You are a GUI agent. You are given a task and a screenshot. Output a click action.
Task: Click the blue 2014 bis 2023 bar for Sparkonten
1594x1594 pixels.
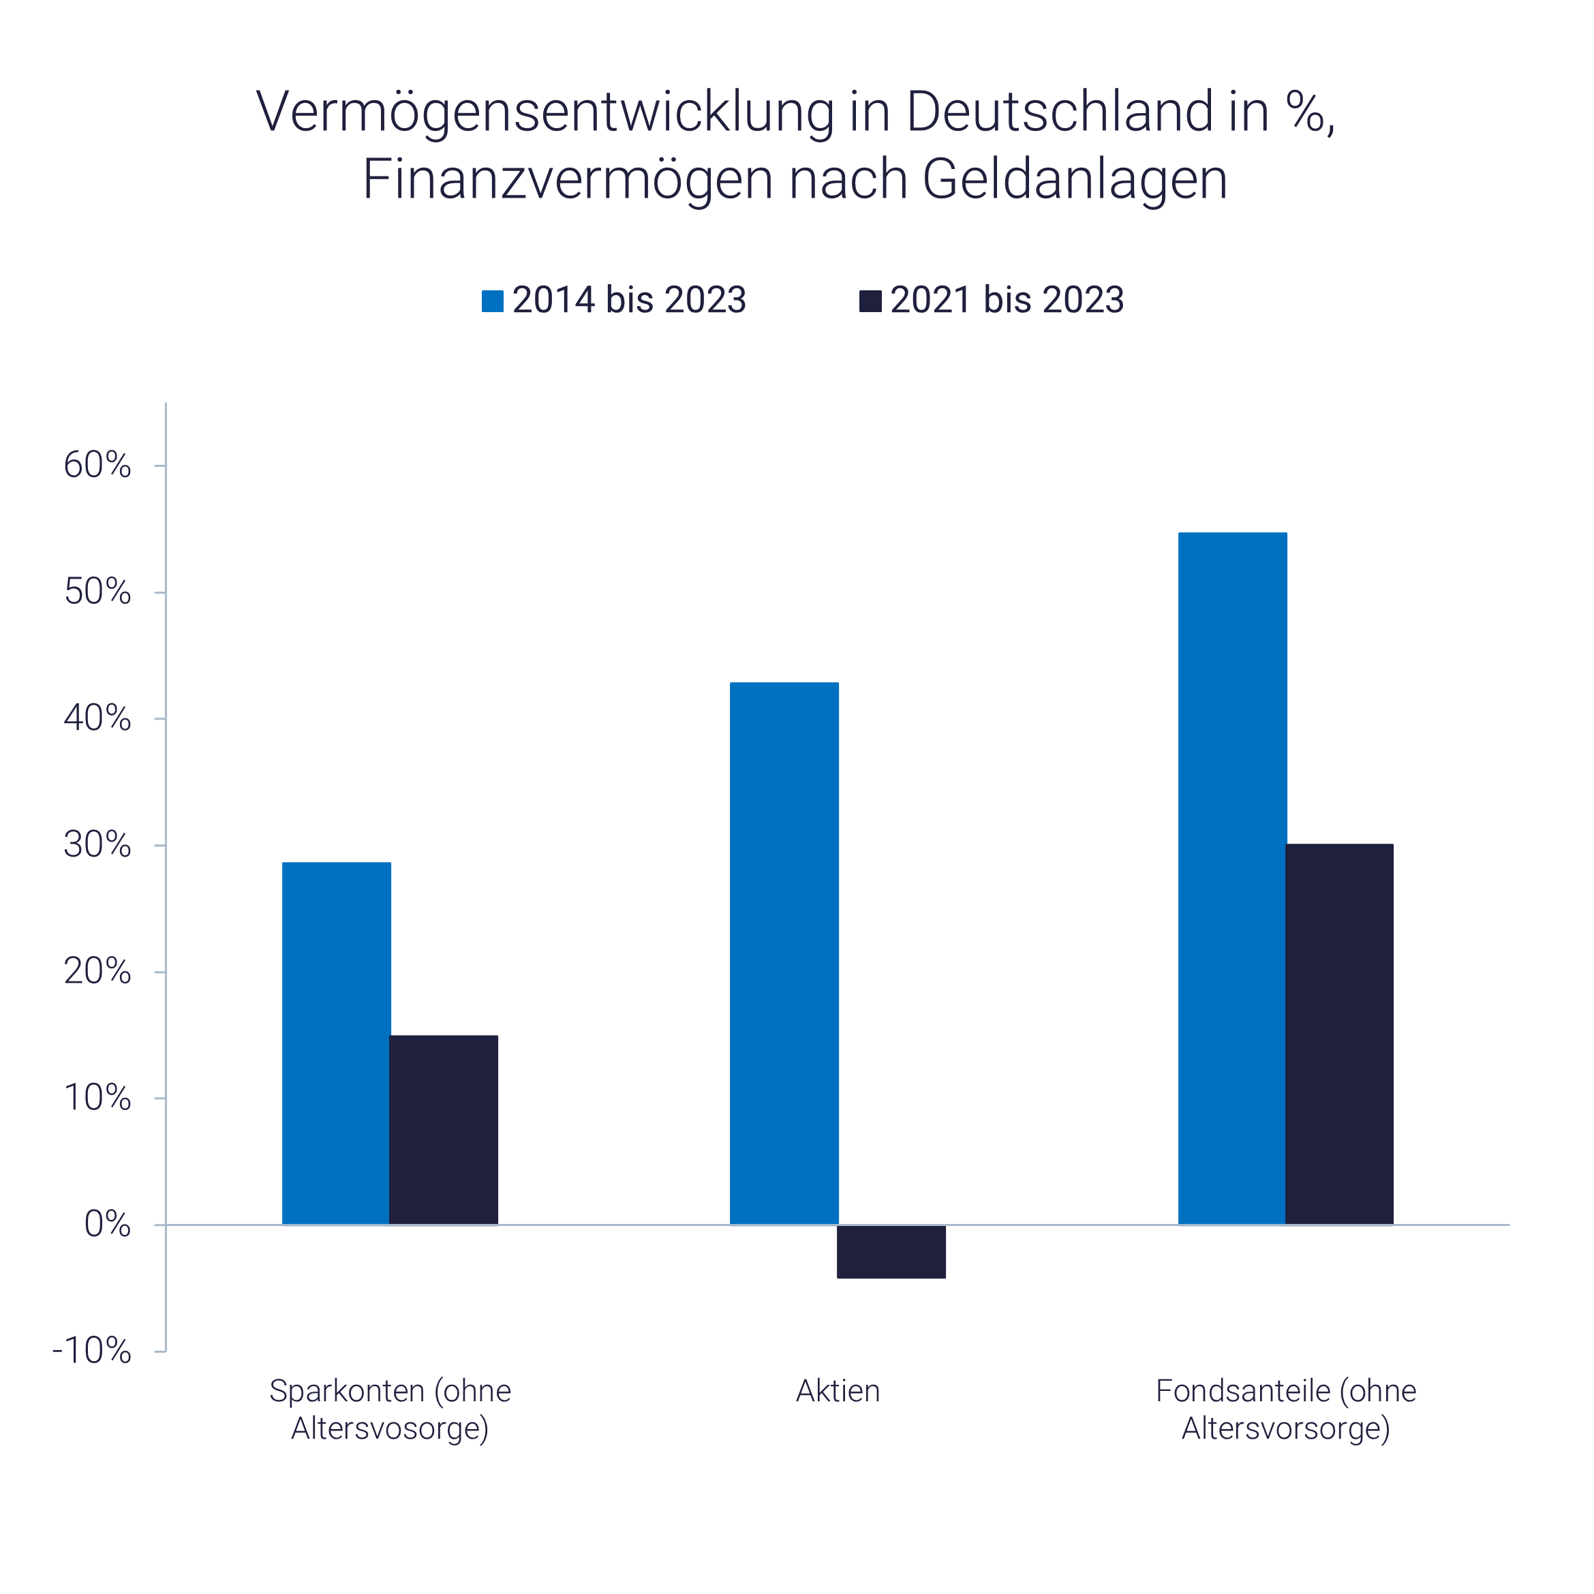click(337, 1043)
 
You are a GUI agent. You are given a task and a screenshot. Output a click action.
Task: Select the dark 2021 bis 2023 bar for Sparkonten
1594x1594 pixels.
click(444, 1131)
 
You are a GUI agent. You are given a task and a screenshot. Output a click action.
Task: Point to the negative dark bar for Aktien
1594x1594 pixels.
click(891, 1253)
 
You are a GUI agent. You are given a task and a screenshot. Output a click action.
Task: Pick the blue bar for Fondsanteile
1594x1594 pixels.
click(1233, 878)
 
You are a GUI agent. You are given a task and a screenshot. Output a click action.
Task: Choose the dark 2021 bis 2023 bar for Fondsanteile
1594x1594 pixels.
click(1340, 1034)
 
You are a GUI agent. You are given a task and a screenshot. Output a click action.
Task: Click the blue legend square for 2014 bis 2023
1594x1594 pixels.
click(493, 301)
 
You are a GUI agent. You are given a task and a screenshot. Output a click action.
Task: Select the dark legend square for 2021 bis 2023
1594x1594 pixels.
click(870, 301)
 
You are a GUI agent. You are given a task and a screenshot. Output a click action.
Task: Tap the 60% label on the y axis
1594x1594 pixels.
click(97, 466)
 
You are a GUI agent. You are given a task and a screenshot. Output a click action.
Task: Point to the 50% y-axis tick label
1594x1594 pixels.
click(97, 592)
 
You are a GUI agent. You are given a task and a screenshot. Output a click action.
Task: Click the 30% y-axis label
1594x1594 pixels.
click(97, 845)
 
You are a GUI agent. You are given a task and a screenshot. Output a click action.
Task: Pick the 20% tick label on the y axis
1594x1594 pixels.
click(97, 972)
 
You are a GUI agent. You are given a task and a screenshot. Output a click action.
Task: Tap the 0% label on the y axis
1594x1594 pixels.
click(107, 1225)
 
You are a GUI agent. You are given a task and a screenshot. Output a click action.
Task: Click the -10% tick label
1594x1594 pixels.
click(91, 1351)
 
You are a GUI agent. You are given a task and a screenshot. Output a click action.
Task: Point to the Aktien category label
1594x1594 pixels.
click(838, 1391)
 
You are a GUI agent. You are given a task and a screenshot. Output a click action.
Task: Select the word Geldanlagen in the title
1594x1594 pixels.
click(1074, 179)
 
